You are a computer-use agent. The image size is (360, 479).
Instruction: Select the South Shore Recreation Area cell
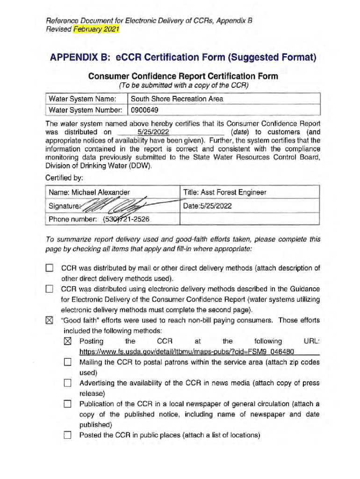click(x=177, y=99)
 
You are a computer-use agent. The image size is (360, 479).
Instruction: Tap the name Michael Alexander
click(x=89, y=192)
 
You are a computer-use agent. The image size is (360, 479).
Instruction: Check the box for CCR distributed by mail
click(x=50, y=269)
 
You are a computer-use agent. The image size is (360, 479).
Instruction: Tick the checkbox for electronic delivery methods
click(x=50, y=289)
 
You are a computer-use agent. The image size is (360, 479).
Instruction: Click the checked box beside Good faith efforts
click(x=50, y=320)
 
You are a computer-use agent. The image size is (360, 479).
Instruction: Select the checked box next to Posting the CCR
click(x=68, y=341)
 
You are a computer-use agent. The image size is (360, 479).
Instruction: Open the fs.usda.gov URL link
click(x=187, y=351)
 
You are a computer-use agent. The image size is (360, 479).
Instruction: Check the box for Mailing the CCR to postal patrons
click(x=68, y=362)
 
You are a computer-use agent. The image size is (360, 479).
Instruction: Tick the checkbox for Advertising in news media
click(x=68, y=383)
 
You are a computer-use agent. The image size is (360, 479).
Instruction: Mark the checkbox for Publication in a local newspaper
click(x=68, y=404)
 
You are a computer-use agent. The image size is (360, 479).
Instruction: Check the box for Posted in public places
click(x=68, y=435)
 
